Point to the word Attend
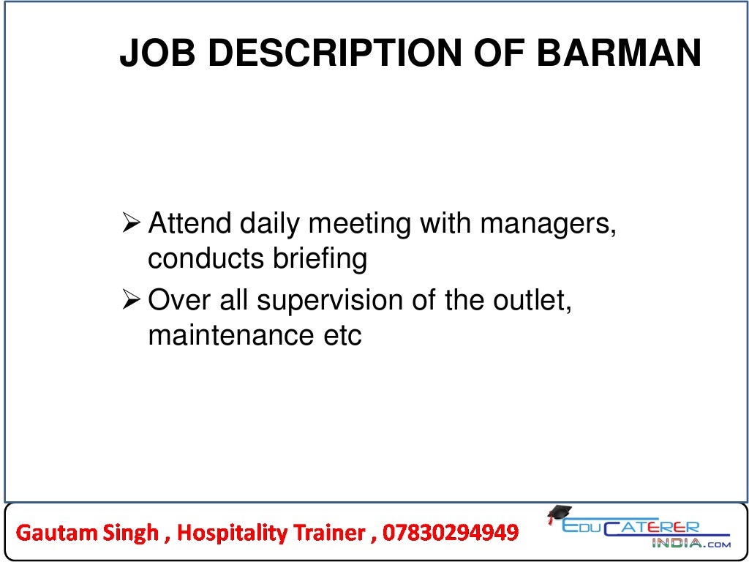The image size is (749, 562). pos(189,223)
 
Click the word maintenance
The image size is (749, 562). pos(227,336)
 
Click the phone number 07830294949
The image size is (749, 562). pos(448,532)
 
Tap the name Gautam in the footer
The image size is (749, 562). pos(50,532)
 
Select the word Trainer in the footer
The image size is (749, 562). pos(328,532)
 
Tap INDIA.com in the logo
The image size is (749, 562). pos(690,544)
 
